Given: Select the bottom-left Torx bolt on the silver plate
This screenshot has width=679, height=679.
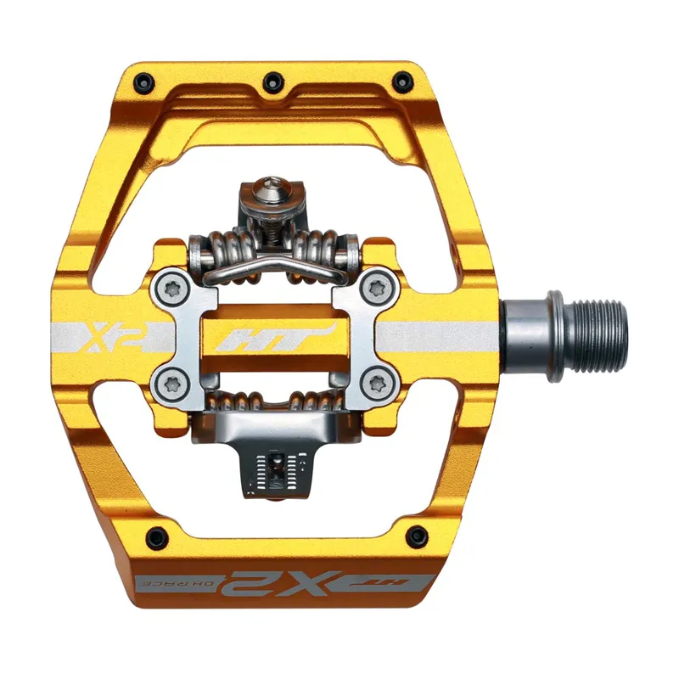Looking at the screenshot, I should pos(168,384).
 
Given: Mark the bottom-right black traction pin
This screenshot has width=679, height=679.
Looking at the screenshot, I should pos(417,535).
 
